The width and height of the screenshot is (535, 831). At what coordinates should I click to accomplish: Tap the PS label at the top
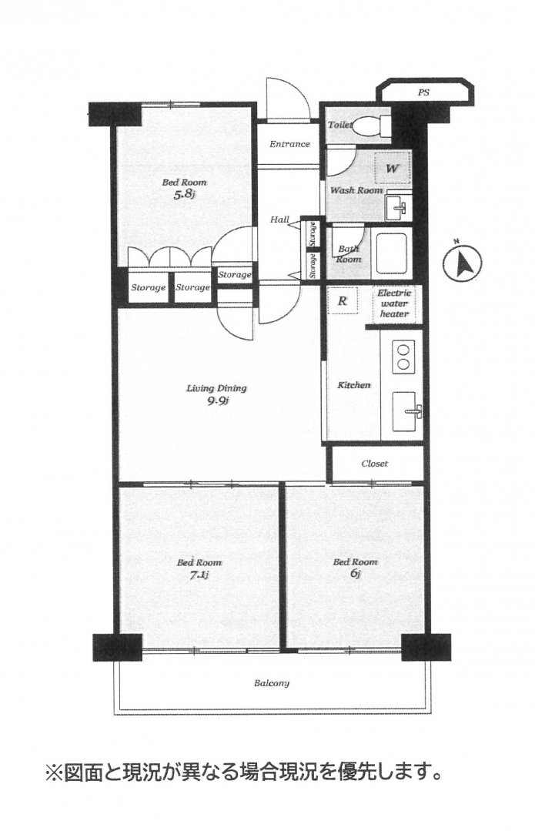click(x=423, y=92)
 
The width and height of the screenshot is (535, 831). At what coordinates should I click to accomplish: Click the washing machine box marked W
click(x=392, y=169)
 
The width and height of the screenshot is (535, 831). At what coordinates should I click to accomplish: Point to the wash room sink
click(x=397, y=207)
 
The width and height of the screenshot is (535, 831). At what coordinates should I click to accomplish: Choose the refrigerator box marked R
click(x=343, y=300)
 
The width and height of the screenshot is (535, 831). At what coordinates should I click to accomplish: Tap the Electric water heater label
click(x=394, y=303)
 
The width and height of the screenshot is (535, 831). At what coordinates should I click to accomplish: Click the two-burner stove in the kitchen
click(x=403, y=356)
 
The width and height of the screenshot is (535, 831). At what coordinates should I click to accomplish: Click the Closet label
click(x=374, y=463)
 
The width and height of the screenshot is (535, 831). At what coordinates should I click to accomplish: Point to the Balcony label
click(x=272, y=683)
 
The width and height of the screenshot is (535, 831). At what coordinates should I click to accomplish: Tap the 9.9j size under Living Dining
click(x=218, y=400)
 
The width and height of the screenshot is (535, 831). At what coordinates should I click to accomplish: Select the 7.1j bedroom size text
click(x=199, y=575)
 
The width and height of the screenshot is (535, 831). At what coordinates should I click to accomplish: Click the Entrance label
click(x=289, y=143)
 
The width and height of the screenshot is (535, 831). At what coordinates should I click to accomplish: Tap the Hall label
click(x=279, y=219)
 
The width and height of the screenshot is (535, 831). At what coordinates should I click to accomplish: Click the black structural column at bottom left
click(x=118, y=647)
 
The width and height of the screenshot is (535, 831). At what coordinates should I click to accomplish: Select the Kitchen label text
click(x=354, y=385)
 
